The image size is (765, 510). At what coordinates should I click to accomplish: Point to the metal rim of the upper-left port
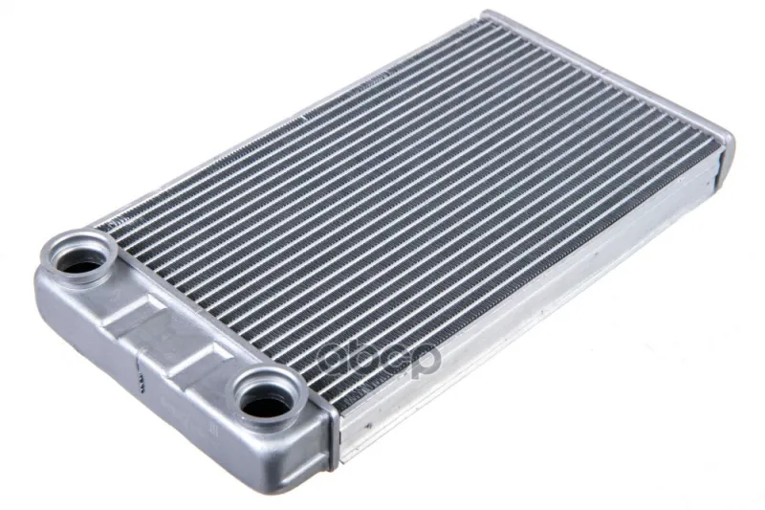click(79, 257)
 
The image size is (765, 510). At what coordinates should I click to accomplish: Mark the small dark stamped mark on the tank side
click(142, 379)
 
